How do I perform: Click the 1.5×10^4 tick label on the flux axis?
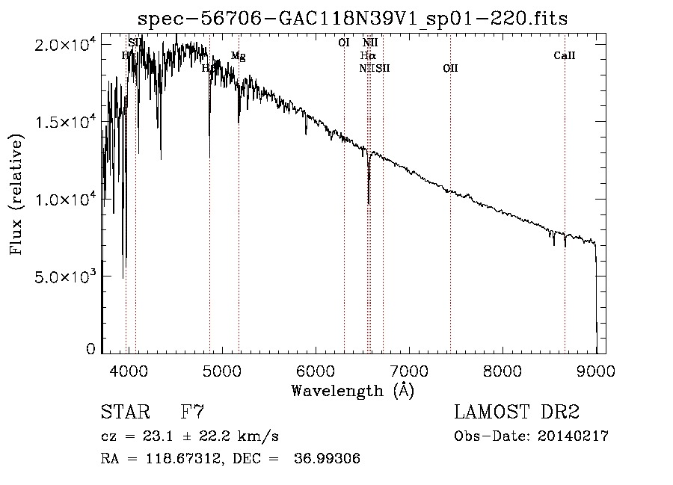click(65, 122)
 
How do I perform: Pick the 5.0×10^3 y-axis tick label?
click(65, 277)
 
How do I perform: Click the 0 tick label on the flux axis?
click(90, 349)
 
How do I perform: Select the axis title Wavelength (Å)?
click(352, 389)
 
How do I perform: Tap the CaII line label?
click(565, 55)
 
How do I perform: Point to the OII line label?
click(450, 69)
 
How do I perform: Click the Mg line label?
click(238, 56)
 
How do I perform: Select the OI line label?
click(344, 43)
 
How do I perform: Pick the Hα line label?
click(367, 55)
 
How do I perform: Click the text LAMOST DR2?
click(517, 413)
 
